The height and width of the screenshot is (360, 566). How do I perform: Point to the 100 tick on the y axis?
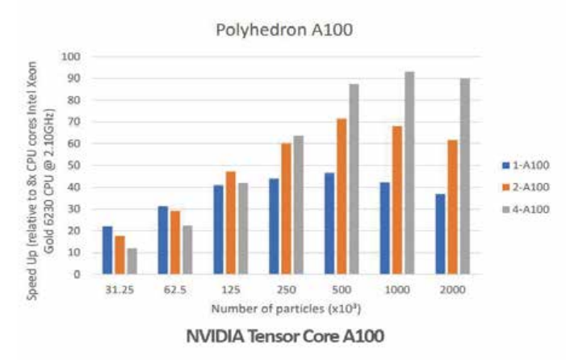coord(76,57)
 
